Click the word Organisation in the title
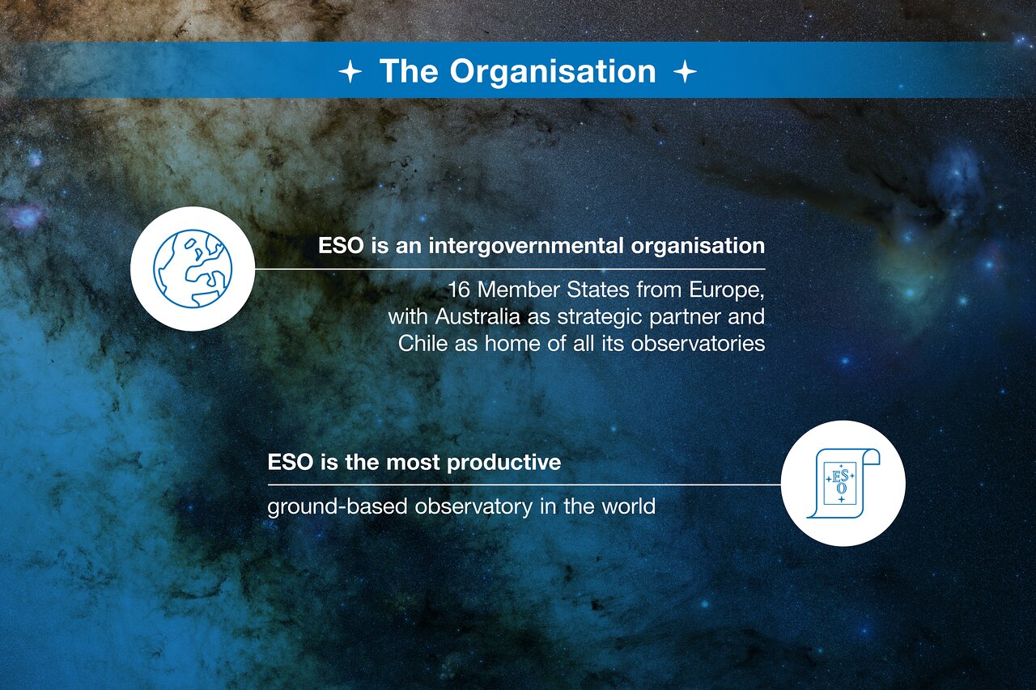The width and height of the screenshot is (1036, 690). (x=553, y=71)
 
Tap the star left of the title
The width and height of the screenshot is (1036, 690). (x=350, y=72)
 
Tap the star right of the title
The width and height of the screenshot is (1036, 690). (x=685, y=72)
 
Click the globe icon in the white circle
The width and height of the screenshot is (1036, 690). (x=193, y=269)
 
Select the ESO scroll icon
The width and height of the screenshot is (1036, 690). (x=843, y=483)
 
